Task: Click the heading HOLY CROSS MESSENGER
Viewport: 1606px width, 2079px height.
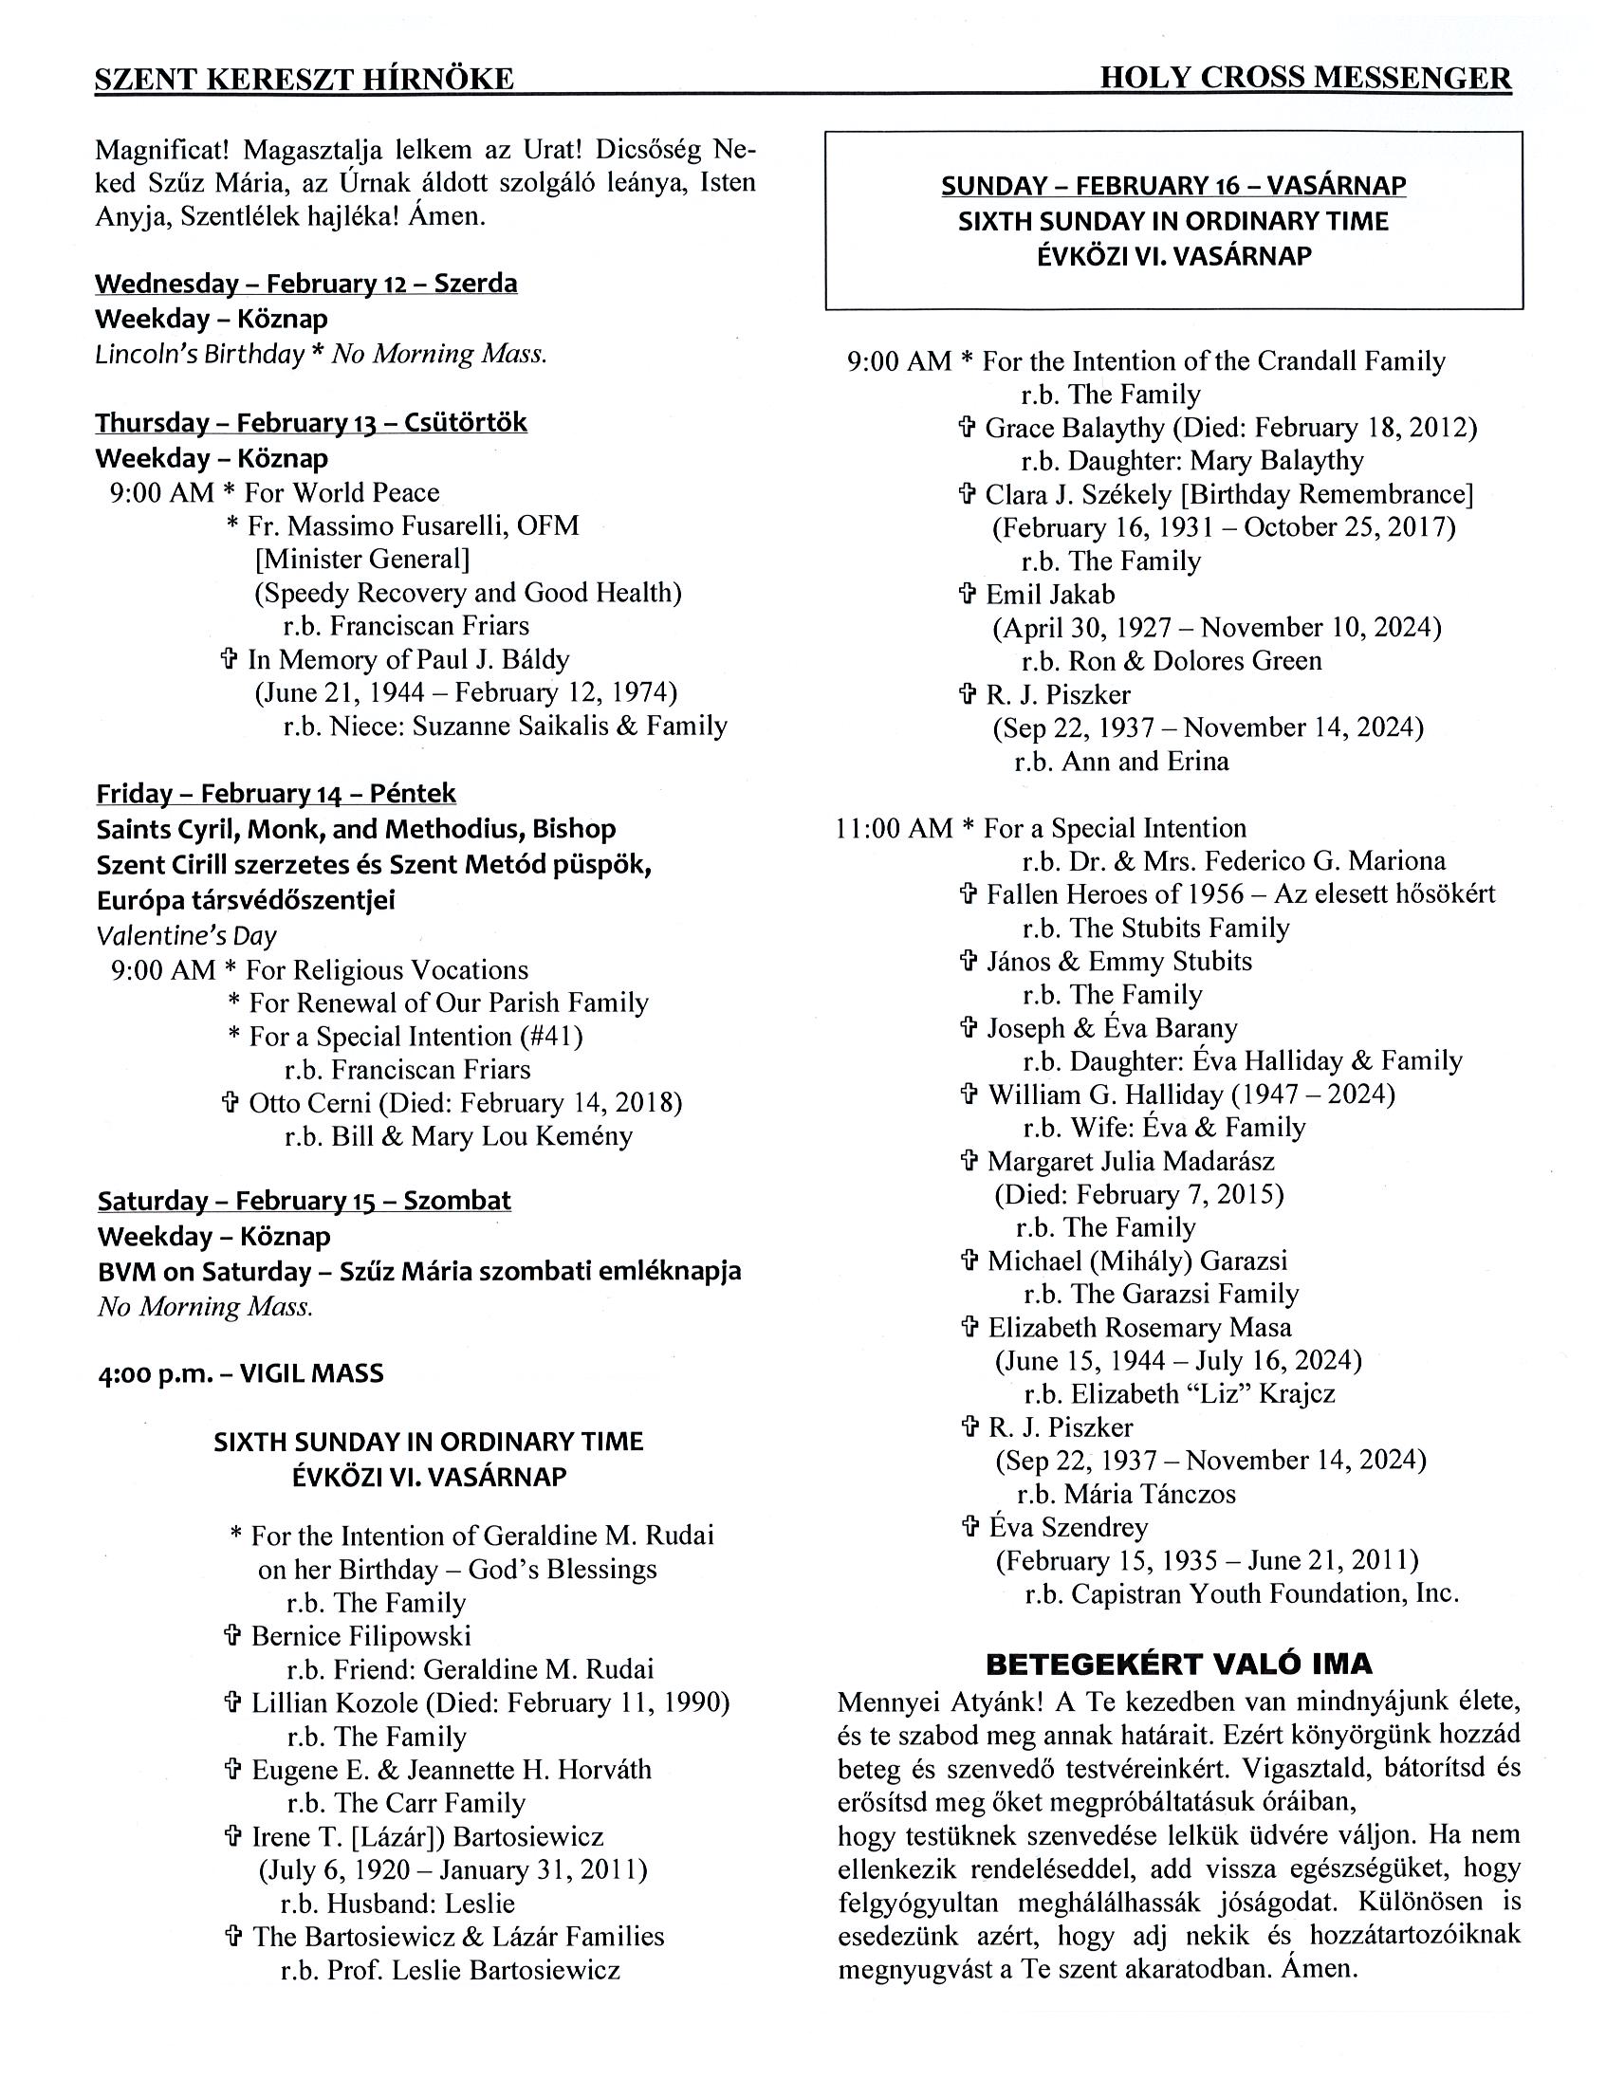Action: pyautogui.click(x=1305, y=78)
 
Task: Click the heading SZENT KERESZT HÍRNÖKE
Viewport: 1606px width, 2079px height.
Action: pyautogui.click(x=304, y=79)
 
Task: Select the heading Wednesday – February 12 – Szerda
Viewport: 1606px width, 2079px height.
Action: pyautogui.click(x=305, y=284)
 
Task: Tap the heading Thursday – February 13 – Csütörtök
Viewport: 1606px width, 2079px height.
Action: pyautogui.click(x=310, y=423)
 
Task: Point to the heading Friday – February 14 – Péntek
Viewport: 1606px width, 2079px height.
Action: pyautogui.click(x=276, y=794)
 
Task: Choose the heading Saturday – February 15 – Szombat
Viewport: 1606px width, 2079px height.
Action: pyautogui.click(x=304, y=1201)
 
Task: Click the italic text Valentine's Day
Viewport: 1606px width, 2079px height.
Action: pyautogui.click(x=187, y=936)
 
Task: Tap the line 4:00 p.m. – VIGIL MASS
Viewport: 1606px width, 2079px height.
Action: pyautogui.click(x=240, y=1373)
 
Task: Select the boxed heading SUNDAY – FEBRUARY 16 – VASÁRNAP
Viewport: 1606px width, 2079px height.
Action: pyautogui.click(x=1172, y=186)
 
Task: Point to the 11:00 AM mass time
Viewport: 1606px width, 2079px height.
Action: pyautogui.click(x=894, y=828)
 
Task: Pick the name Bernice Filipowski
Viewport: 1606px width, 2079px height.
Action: pyautogui.click(x=360, y=1636)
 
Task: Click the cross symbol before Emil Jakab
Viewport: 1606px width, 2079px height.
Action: pyautogui.click(x=968, y=595)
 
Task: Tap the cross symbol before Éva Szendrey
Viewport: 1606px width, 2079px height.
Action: pyautogui.click(x=969, y=1528)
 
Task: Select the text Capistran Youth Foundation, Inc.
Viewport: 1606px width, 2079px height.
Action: pyautogui.click(x=1265, y=1594)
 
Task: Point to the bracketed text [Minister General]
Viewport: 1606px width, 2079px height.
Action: pyautogui.click(x=361, y=560)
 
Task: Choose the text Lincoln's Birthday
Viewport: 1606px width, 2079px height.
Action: pyautogui.click(x=199, y=354)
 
